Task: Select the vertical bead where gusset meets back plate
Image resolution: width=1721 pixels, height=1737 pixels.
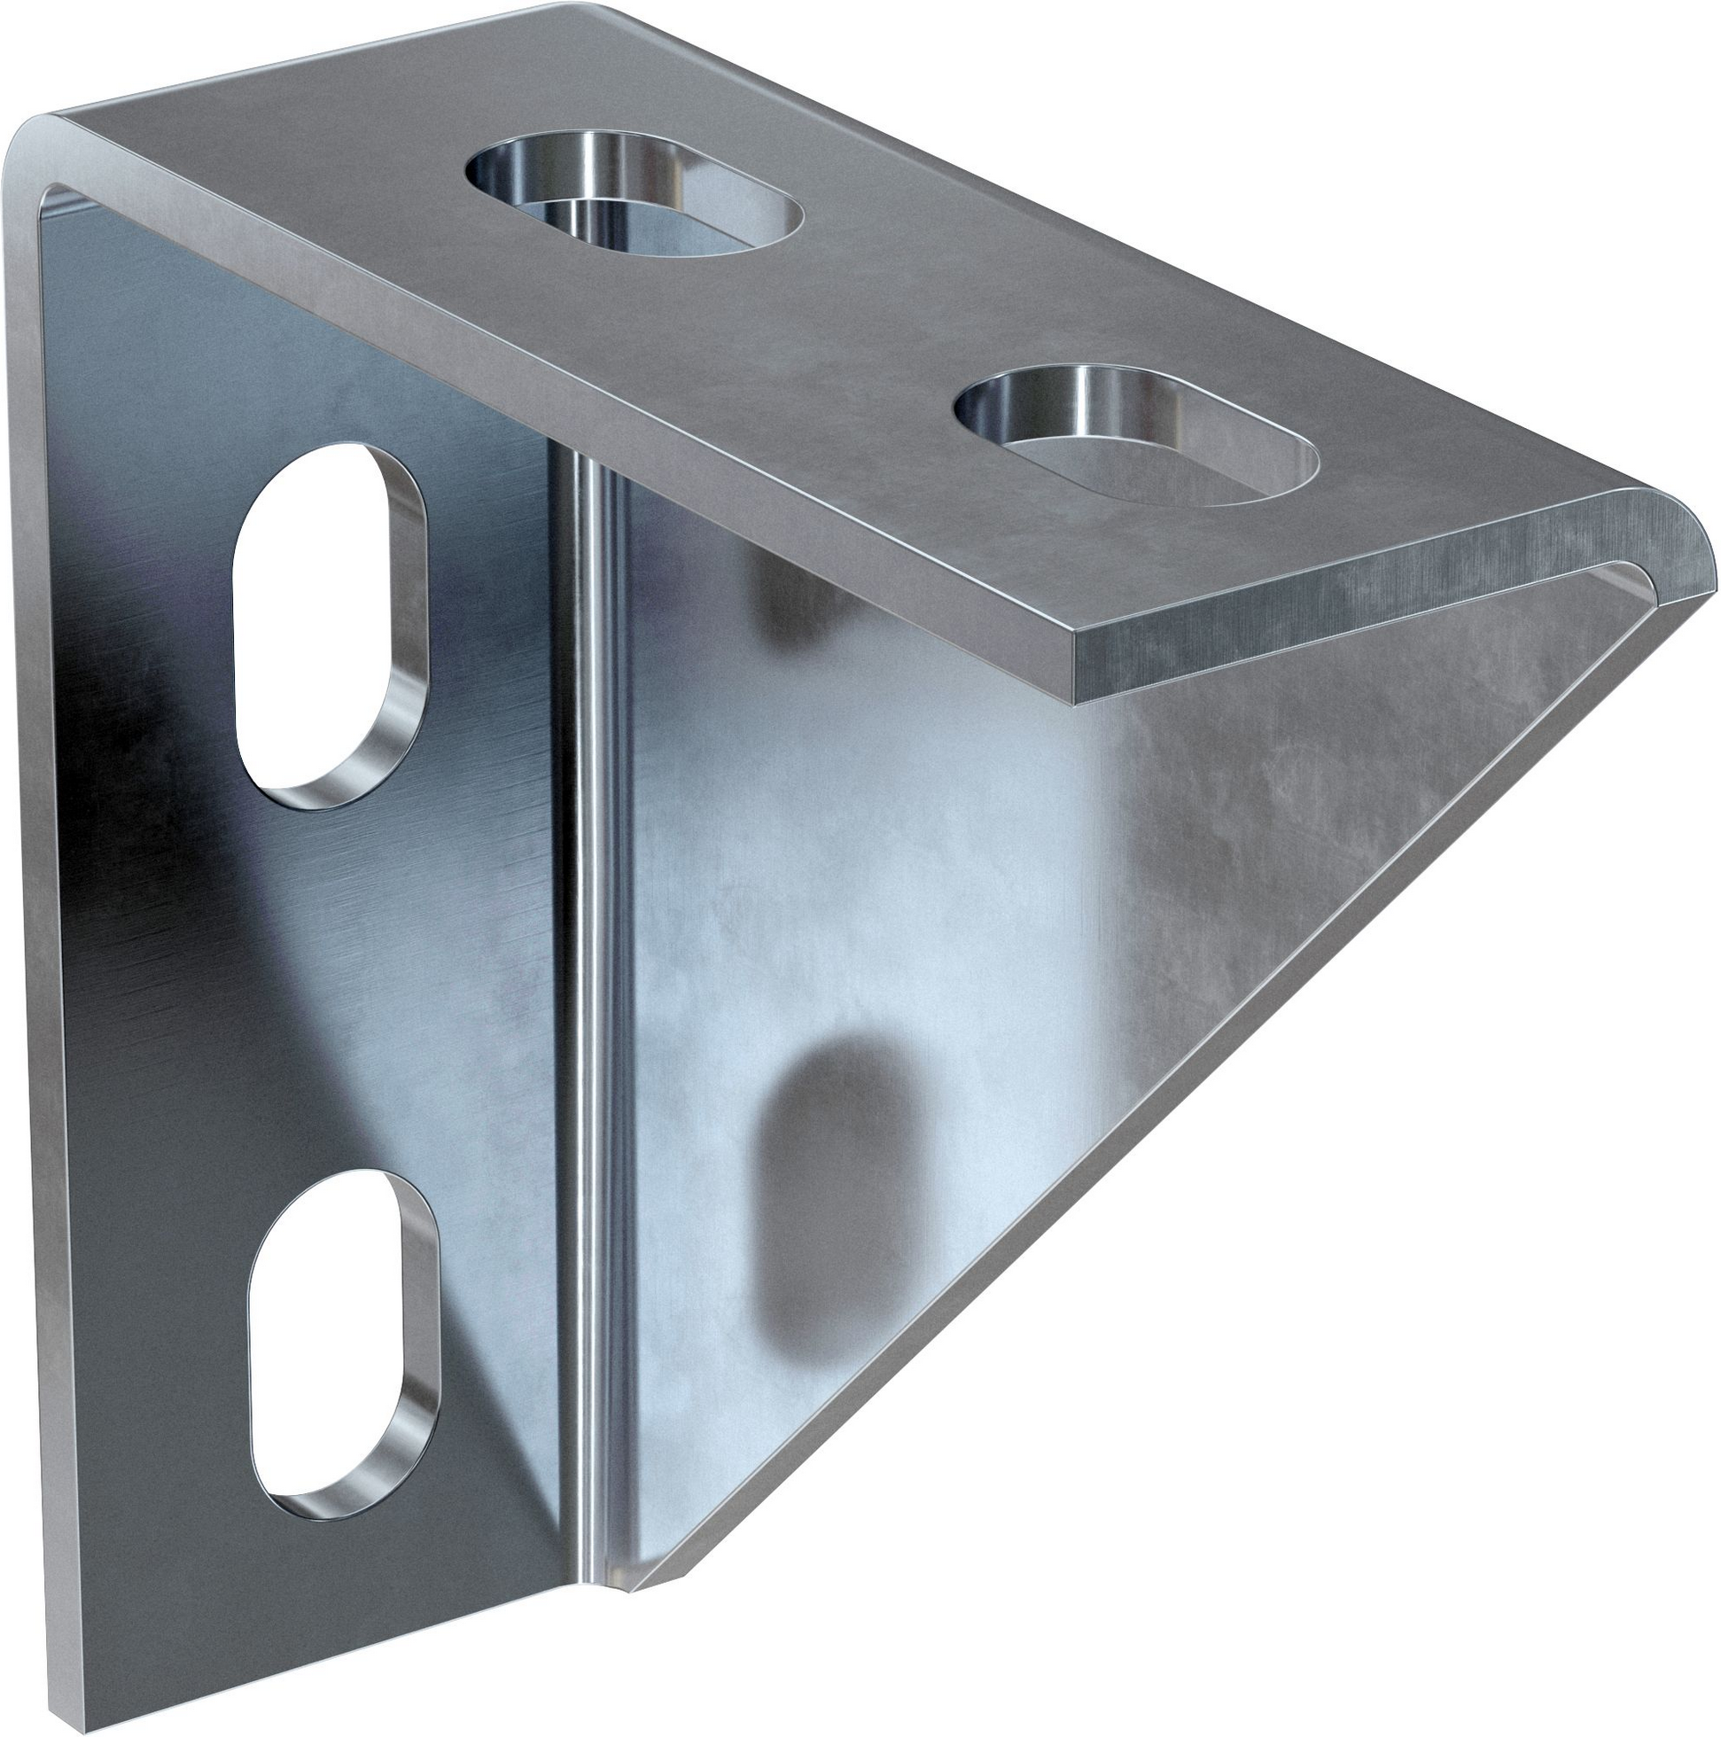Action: click(x=589, y=989)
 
